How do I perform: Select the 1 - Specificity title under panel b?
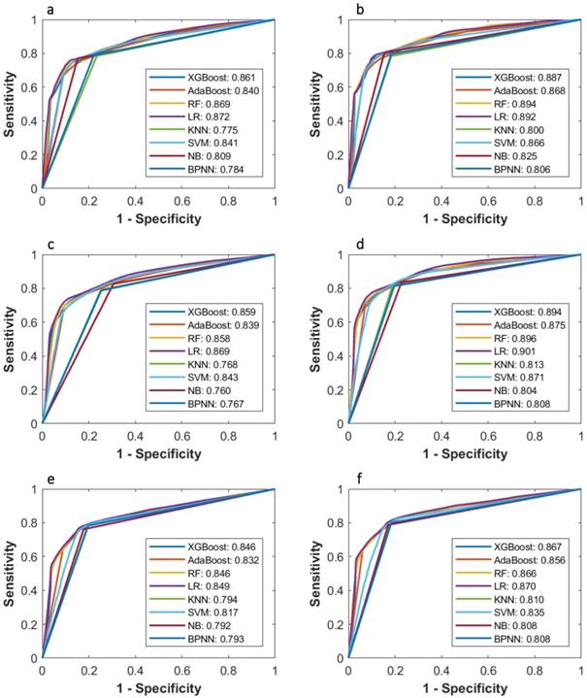pyautogui.click(x=464, y=218)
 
